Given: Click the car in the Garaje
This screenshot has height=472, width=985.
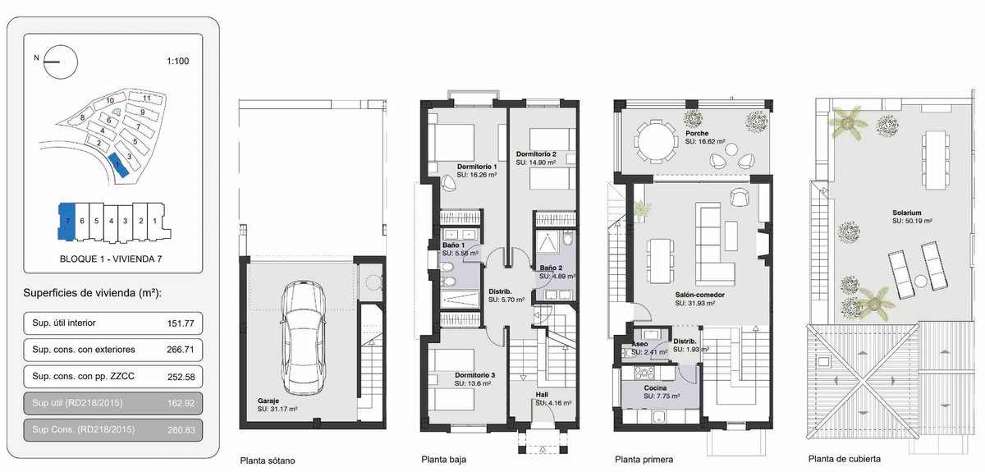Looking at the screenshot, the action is tap(304, 338).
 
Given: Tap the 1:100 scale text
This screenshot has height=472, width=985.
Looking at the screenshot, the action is tap(177, 61).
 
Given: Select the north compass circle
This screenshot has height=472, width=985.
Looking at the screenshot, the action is tap(61, 62).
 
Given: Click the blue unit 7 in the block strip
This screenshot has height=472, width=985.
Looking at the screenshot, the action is tap(66, 222).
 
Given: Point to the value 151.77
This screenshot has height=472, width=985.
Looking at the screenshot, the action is tap(181, 323).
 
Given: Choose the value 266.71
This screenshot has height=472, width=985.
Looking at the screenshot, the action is tap(181, 351).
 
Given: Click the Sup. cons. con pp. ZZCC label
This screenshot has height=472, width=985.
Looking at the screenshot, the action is tap(83, 377).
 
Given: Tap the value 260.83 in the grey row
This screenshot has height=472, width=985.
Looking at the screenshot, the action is tap(181, 430).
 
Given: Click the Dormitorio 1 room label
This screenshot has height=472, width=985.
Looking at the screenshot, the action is tap(477, 167).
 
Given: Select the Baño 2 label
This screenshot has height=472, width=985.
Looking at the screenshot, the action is tap(551, 268).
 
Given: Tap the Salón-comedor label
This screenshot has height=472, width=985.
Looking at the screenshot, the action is tap(699, 296).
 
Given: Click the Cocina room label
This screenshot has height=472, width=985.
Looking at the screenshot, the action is tap(655, 388).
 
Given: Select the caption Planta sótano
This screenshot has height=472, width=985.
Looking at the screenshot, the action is tap(268, 461).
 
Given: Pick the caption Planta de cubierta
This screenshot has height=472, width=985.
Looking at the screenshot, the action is tap(845, 459).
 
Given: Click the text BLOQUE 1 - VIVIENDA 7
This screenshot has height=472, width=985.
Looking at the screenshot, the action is tap(111, 259).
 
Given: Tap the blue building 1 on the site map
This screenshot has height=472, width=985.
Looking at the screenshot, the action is tap(118, 165).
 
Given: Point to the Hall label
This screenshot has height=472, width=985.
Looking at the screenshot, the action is tap(542, 395).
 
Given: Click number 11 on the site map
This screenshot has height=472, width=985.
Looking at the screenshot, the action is tap(147, 99).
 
